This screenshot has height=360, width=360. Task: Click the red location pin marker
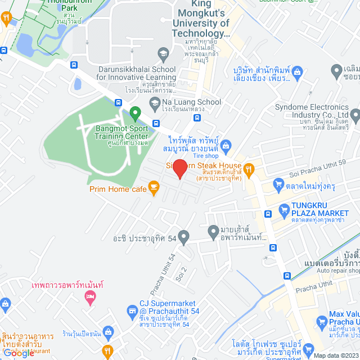click(x=179, y=169)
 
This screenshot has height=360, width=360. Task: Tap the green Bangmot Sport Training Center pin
click(x=135, y=114)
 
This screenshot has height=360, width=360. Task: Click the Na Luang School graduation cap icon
click(x=154, y=102)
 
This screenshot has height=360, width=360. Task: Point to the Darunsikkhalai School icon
click(x=163, y=55)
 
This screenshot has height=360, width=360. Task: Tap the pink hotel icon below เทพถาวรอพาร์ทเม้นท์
click(x=89, y=300)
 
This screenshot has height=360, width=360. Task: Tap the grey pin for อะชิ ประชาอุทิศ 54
click(x=183, y=236)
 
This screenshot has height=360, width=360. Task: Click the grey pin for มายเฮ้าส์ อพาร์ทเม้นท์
click(x=213, y=231)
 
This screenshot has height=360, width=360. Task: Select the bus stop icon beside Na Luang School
click(x=196, y=118)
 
